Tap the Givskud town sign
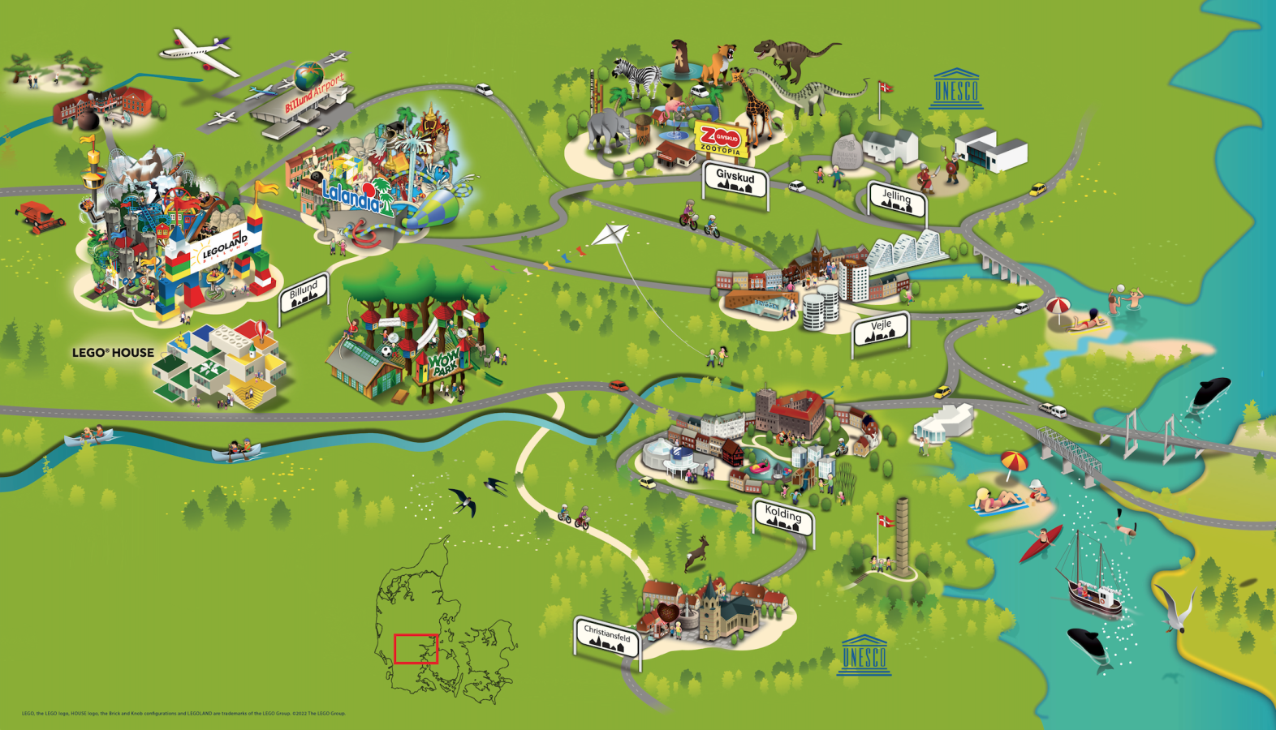735,181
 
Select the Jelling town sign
896,199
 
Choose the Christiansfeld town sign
607,637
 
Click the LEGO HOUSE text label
113,353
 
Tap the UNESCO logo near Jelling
956,89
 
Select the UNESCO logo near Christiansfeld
864,655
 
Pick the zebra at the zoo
635,79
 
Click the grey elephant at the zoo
607,130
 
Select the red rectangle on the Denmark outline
416,649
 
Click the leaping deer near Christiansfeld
697,553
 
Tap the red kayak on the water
1041,543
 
